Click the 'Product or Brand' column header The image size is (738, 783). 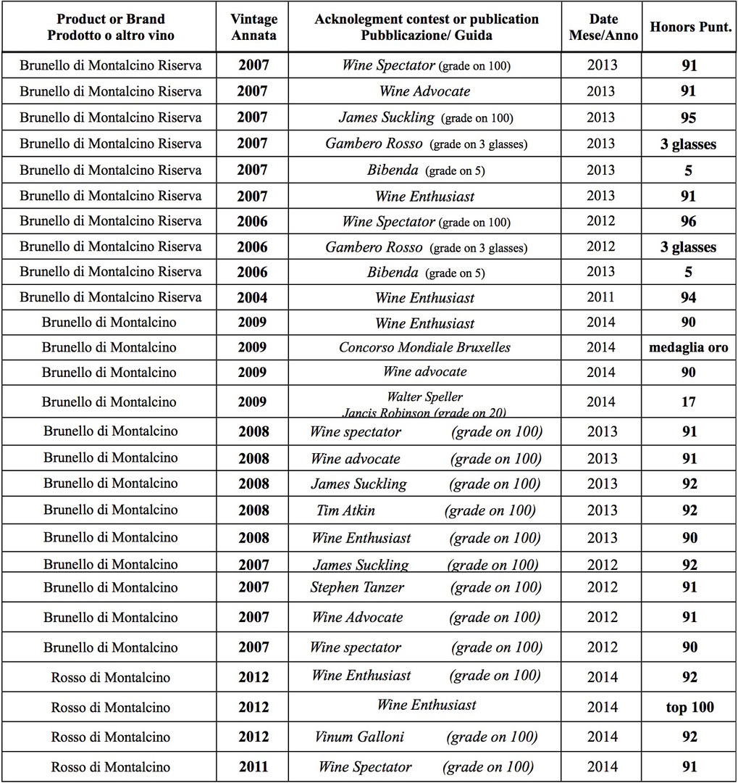[110, 26]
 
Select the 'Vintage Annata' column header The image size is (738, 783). [253, 26]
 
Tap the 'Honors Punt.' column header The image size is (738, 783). [689, 27]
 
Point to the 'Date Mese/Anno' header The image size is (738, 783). [603, 26]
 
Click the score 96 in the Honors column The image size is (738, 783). [689, 222]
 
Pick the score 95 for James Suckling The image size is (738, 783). [689, 117]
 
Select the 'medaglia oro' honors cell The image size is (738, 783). [689, 347]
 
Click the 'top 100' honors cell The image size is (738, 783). [689, 707]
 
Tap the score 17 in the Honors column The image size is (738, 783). [689, 402]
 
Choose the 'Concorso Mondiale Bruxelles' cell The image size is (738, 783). [424, 347]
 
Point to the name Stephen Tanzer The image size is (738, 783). [357, 587]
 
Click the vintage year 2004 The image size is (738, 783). [253, 298]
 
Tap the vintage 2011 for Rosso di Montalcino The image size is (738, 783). [253, 767]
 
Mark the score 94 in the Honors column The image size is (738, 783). [689, 298]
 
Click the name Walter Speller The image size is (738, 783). [424, 397]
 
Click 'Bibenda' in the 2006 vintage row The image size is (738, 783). [392, 273]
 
